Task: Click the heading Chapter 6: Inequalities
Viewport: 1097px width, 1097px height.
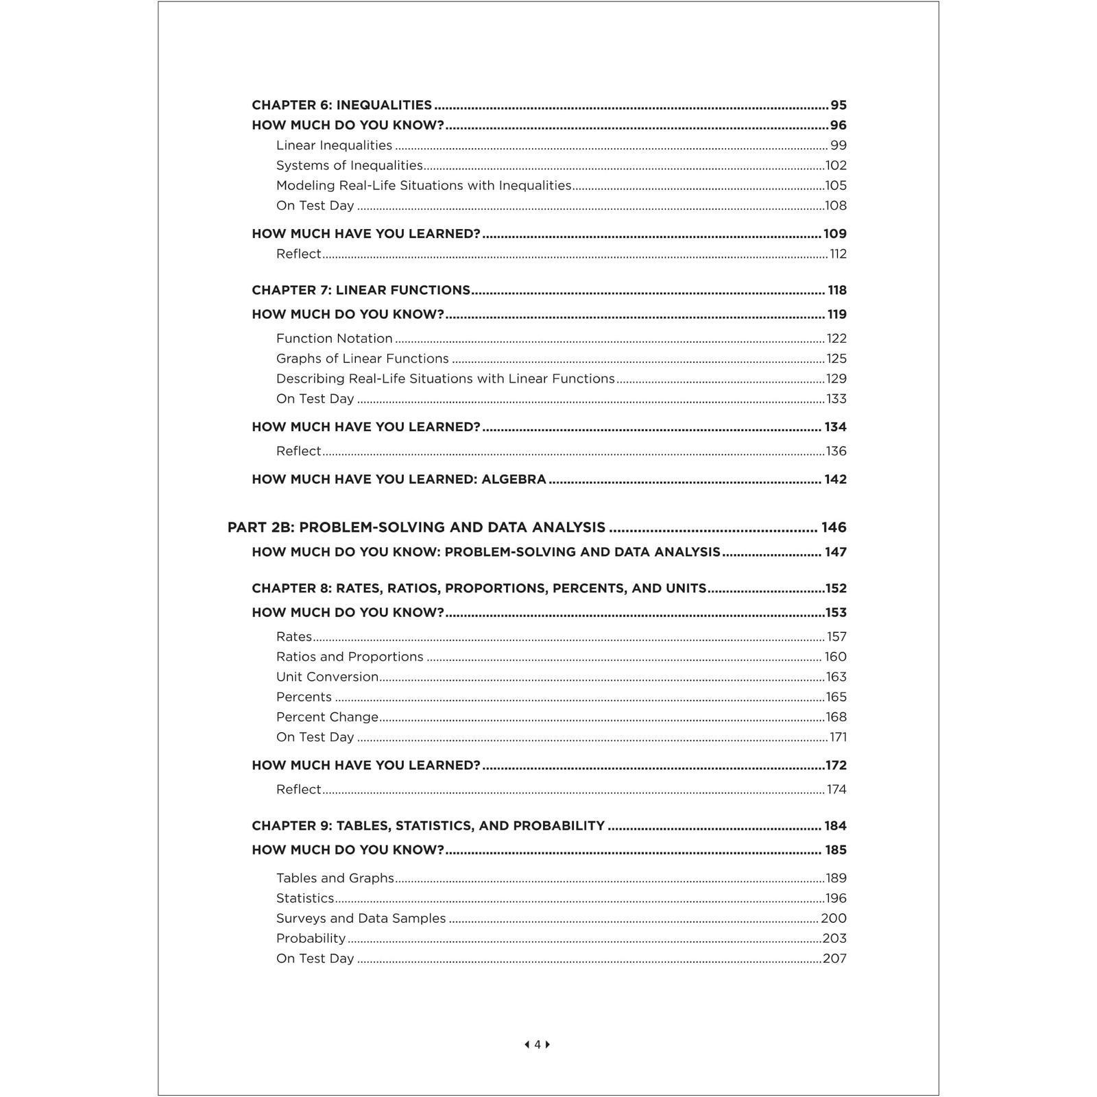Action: (341, 105)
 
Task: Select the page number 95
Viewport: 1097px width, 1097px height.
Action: (839, 105)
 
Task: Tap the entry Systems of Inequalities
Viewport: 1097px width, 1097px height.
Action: (349, 165)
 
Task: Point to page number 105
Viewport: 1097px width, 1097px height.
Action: (836, 185)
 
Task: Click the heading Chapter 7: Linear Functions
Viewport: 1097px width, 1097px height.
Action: (361, 290)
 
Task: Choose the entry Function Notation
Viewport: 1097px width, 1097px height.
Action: (334, 338)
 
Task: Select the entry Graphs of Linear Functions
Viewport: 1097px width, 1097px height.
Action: (362, 359)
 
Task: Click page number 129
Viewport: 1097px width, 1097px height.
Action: (836, 378)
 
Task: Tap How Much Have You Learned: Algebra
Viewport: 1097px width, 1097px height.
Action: (398, 479)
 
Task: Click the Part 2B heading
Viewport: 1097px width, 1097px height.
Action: (416, 527)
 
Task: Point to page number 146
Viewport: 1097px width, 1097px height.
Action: (834, 527)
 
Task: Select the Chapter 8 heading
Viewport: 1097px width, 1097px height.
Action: (479, 588)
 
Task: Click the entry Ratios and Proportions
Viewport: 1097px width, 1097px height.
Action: (350, 657)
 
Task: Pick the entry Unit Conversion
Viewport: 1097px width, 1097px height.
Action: (327, 677)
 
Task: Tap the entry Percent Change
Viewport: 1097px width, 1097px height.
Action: (327, 717)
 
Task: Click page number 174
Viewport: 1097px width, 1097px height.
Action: (836, 789)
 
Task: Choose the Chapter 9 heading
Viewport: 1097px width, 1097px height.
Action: (428, 825)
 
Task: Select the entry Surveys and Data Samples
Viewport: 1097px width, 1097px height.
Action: (361, 918)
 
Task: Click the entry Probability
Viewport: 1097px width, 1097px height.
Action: (311, 939)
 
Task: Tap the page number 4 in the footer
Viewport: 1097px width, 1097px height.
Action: (538, 1044)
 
